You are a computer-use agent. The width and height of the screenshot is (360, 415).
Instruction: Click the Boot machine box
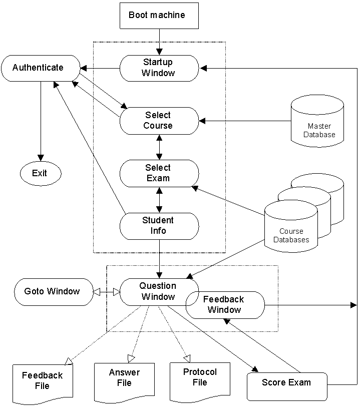pyautogui.click(x=159, y=15)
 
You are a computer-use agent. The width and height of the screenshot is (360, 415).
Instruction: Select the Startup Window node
pyautogui.click(x=159, y=68)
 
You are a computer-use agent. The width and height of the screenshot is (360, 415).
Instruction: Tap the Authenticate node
pyautogui.click(x=40, y=68)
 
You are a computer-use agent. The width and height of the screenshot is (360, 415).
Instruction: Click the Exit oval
pyautogui.click(x=40, y=173)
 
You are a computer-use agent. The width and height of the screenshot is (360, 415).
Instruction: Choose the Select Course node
pyautogui.click(x=159, y=121)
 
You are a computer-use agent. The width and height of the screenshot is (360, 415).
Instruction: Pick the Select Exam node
pyautogui.click(x=159, y=173)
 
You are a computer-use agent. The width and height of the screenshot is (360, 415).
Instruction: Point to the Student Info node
pyautogui.click(x=159, y=226)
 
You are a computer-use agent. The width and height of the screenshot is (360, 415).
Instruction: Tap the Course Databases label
pyautogui.click(x=291, y=235)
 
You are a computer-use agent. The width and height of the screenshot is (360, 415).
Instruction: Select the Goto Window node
pyautogui.click(x=53, y=291)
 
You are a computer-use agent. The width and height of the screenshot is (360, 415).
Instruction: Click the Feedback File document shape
pyautogui.click(x=42, y=383)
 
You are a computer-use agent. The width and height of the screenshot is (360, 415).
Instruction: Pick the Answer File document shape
pyautogui.click(x=124, y=380)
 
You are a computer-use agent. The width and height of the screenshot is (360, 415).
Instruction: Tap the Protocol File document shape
pyautogui.click(x=200, y=380)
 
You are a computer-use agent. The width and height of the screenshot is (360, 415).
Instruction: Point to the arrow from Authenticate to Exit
pyautogui.click(x=40, y=120)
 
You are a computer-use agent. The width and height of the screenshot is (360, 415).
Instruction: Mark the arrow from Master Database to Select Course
pyautogui.click(x=245, y=121)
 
